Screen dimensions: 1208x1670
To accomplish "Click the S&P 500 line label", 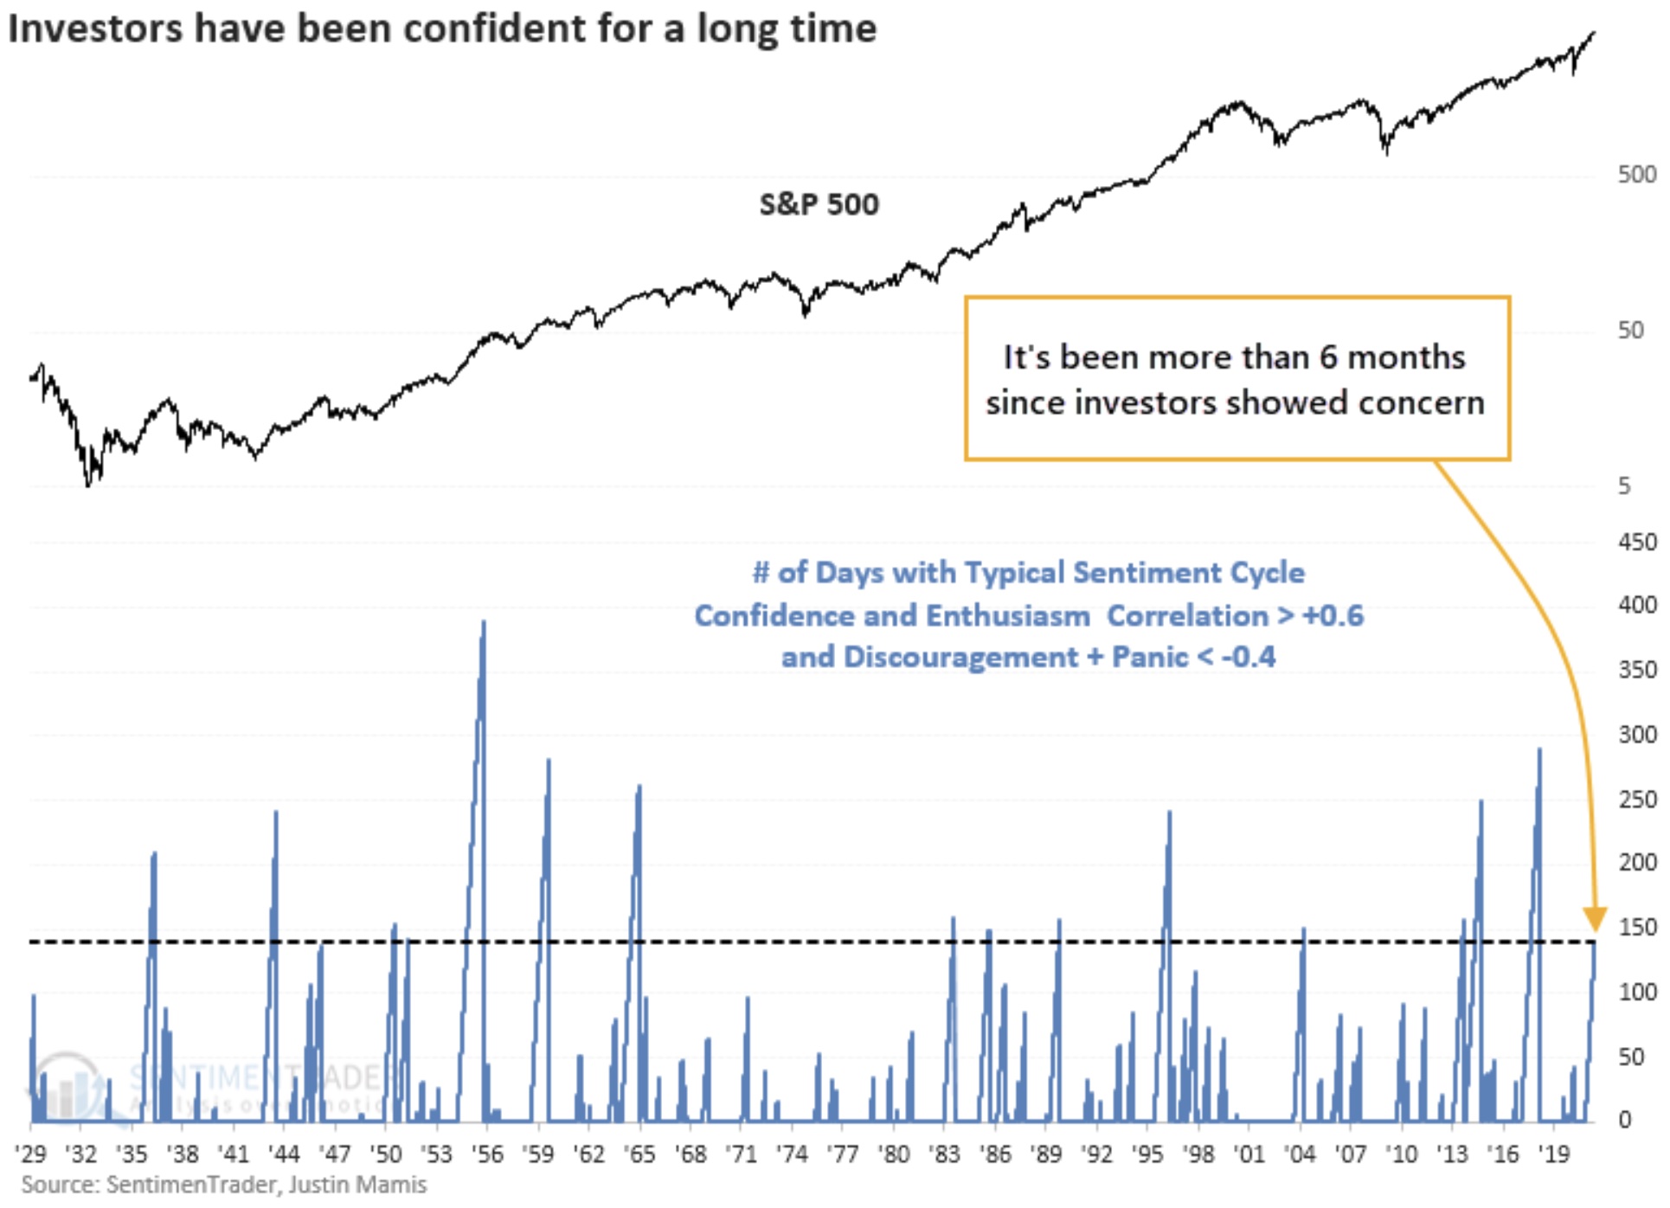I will click(819, 205).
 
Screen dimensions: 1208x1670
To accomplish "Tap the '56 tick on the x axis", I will click(487, 1154).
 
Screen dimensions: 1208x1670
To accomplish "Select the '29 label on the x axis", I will click(31, 1154).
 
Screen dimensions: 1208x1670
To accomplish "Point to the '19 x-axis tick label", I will click(1554, 1154).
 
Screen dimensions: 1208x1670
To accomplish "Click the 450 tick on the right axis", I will click(1637, 543).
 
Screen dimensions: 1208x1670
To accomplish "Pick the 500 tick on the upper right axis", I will click(1636, 175).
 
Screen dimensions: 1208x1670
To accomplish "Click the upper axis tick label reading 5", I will click(1624, 486).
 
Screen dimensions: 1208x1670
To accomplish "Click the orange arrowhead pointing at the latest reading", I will click(1595, 919).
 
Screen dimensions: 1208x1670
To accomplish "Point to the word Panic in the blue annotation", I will click(1150, 657).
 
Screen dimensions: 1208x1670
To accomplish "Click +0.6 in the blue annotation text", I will click(1333, 616).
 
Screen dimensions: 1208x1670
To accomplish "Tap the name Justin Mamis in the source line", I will click(357, 1185).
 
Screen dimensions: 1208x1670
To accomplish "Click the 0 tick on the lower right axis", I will click(1624, 1120).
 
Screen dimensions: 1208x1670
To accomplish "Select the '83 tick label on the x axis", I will click(944, 1154).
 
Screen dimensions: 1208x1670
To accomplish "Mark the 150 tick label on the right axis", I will click(1637, 928).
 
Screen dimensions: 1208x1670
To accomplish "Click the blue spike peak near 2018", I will click(1539, 750).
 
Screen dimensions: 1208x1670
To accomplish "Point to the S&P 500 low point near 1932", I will click(88, 485).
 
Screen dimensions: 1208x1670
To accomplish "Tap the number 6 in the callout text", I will click(1328, 357).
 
